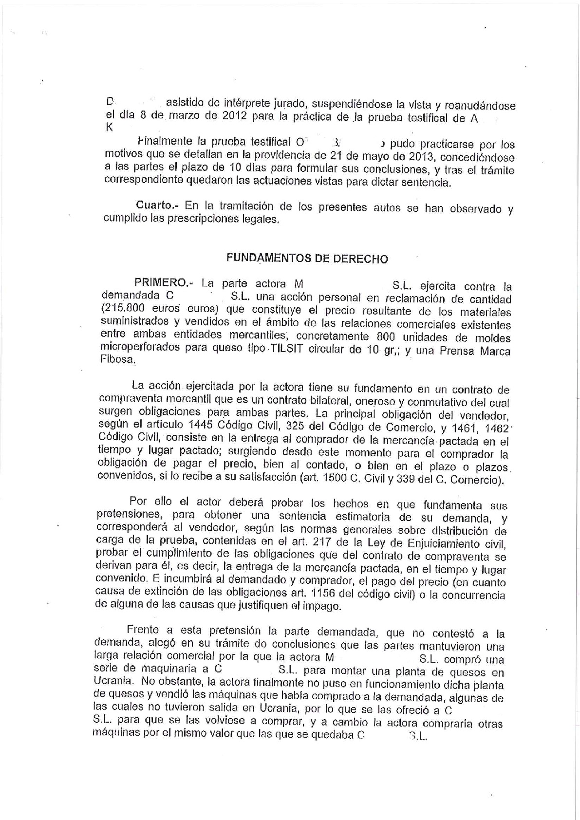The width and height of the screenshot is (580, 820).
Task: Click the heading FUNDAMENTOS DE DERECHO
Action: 307,259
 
